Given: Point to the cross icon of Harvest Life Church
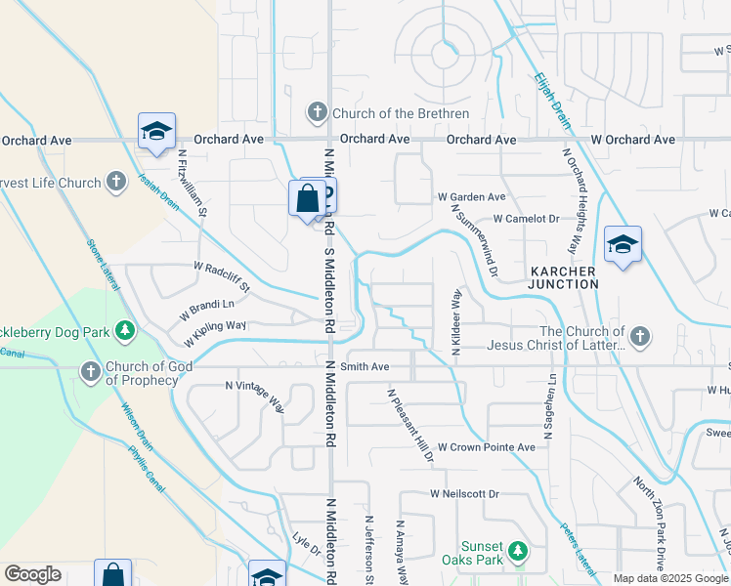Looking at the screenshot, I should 116,182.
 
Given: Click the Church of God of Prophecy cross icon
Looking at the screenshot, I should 90,372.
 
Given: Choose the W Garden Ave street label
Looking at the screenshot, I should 471,196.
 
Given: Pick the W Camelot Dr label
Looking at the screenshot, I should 526,219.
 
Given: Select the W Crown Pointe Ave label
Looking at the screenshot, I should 486,446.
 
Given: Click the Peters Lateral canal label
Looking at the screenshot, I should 578,546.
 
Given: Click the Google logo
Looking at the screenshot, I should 32,574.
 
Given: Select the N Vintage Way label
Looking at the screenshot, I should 255,396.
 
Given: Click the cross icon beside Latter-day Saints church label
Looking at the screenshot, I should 639,337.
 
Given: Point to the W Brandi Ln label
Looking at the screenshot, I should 208,311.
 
